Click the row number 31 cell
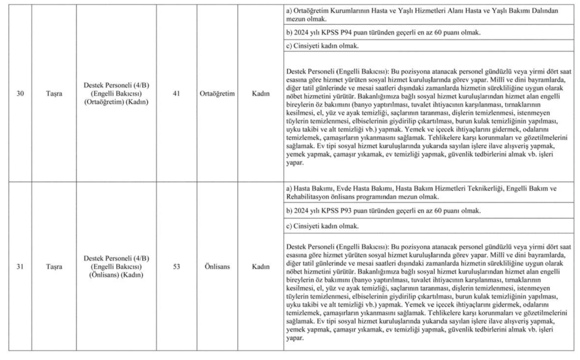point(20,266)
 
